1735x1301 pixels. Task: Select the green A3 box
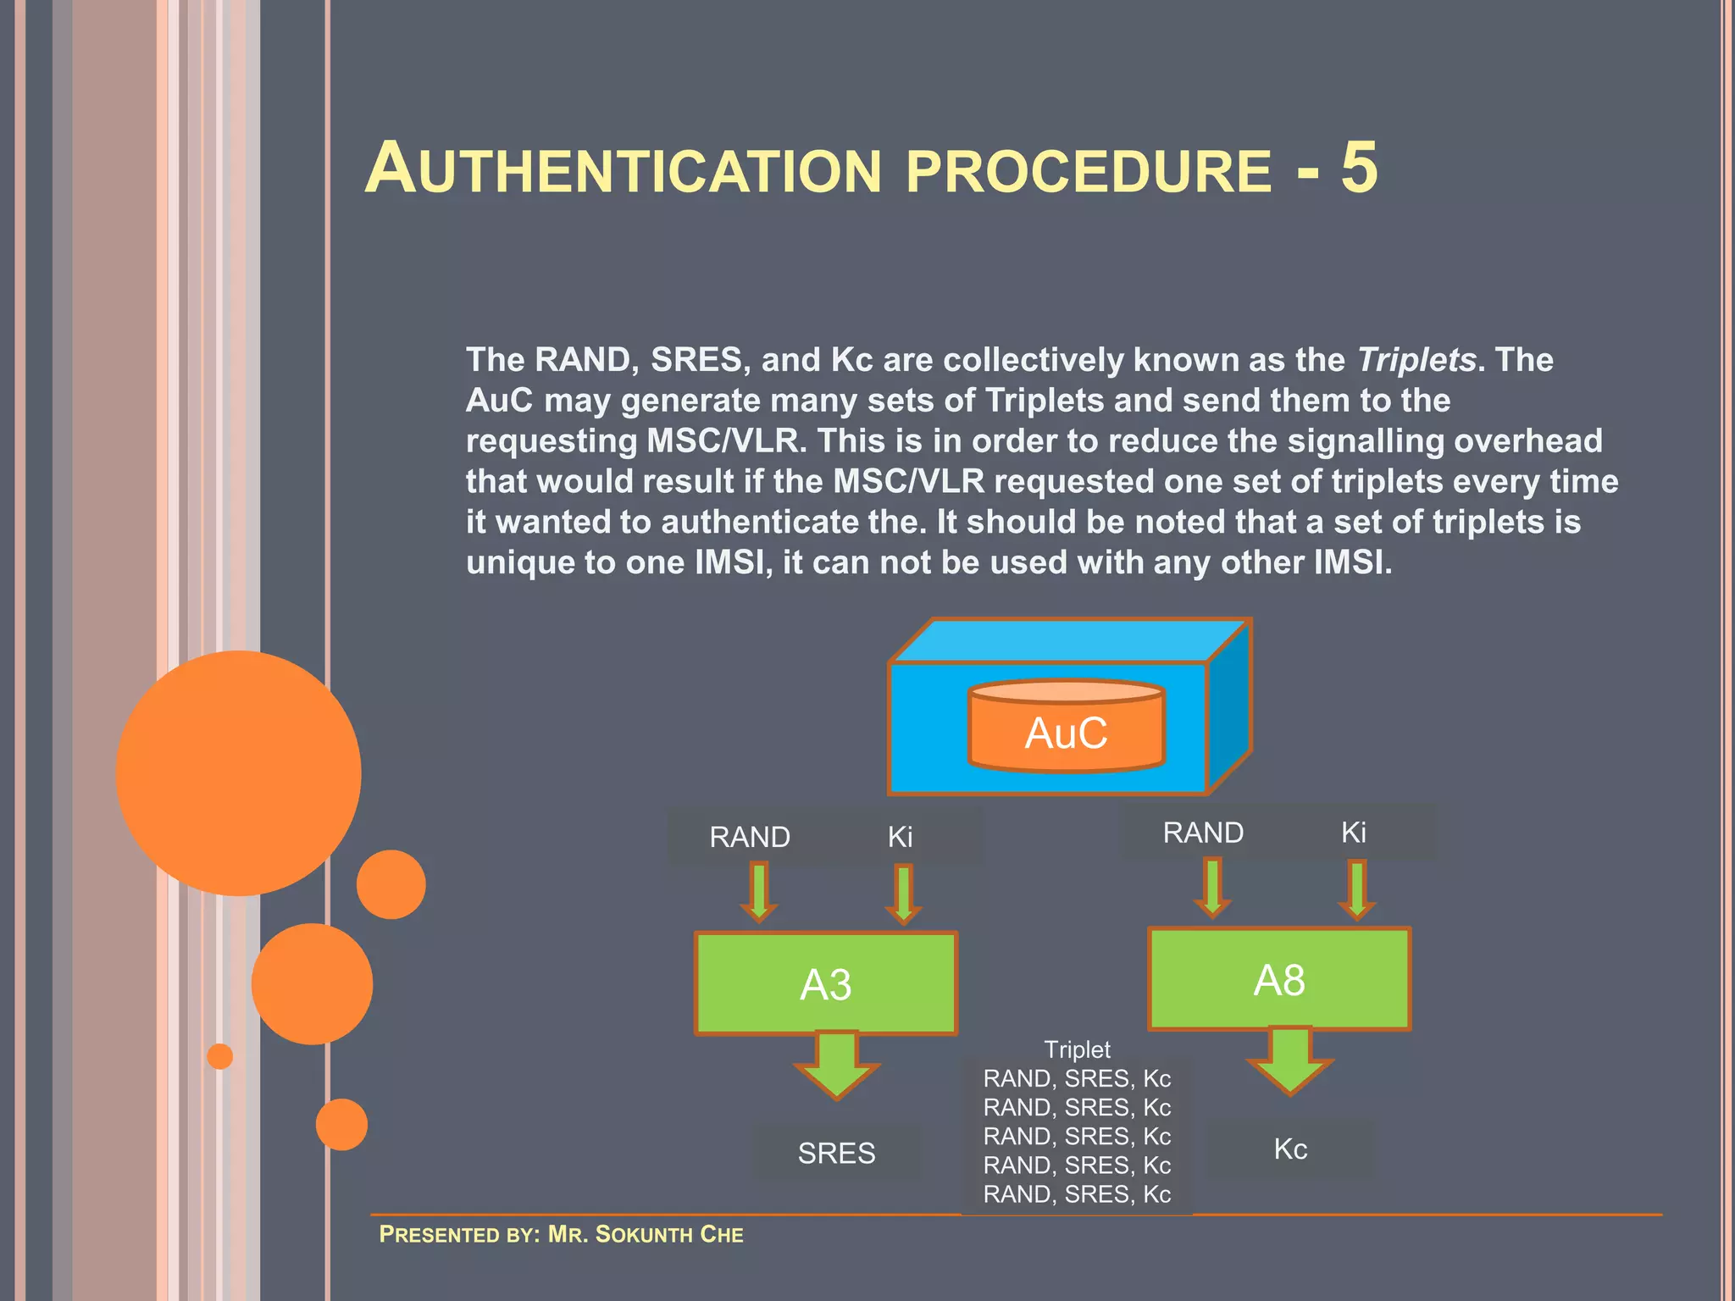[x=826, y=983]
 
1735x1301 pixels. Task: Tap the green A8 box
[x=1279, y=979]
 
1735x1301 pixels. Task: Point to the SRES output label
[x=836, y=1153]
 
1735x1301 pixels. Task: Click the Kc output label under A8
[x=1290, y=1149]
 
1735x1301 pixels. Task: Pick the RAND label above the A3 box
[x=750, y=837]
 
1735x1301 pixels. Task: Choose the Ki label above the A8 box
[x=1353, y=833]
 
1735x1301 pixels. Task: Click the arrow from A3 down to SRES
[x=837, y=1065]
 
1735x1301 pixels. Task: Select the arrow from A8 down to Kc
[x=1289, y=1060]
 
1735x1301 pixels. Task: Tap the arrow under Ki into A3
[x=904, y=894]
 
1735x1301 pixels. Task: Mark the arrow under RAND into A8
[x=1212, y=889]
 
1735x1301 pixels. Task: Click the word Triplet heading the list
[x=1077, y=1049]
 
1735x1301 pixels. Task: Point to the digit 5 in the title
[x=1359, y=168]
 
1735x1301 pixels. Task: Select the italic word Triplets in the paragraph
[x=1416, y=360]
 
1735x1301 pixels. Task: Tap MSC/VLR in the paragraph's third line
[x=723, y=441]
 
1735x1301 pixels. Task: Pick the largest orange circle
[x=239, y=772]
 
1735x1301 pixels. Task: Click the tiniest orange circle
[x=220, y=1056]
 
